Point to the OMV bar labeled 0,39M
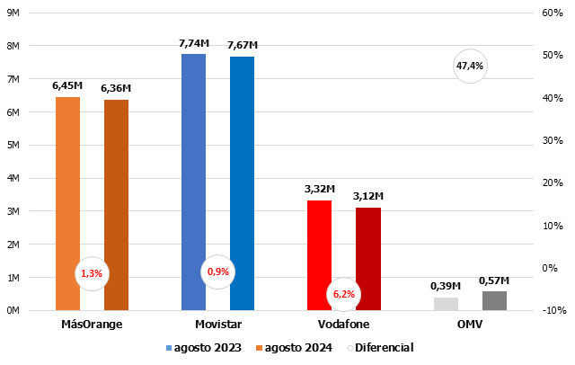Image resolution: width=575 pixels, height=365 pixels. click(x=446, y=304)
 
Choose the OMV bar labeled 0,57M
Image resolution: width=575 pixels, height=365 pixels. click(x=494, y=301)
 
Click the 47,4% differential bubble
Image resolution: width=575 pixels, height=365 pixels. click(x=470, y=66)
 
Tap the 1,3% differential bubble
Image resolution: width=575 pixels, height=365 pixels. click(x=92, y=272)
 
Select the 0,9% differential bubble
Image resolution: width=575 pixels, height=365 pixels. click(x=218, y=271)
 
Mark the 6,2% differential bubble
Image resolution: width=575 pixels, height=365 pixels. click(x=344, y=293)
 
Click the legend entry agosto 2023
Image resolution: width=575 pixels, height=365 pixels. click(x=206, y=347)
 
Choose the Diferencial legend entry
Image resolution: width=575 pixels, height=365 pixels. click(x=384, y=347)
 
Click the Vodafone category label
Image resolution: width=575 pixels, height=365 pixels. click(x=343, y=324)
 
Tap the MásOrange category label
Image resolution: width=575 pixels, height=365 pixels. click(x=92, y=324)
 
